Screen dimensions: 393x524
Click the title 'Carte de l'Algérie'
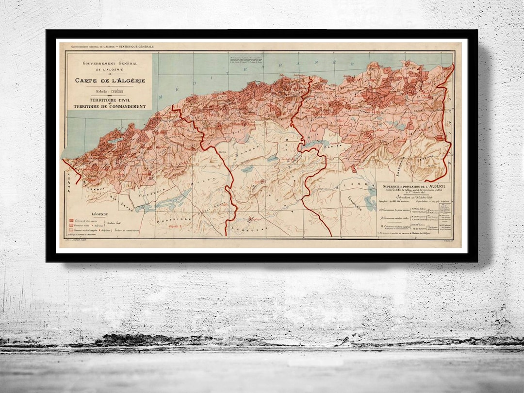pyautogui.click(x=110, y=81)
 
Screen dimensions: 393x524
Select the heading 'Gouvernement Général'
pyautogui.click(x=110, y=64)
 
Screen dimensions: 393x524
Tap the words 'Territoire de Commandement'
pyautogui.click(x=110, y=106)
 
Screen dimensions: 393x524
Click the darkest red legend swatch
pyautogui.click(x=71, y=221)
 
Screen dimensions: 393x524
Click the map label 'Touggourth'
pyautogui.click(x=358, y=198)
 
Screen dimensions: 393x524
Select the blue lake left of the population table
pyautogui.click(x=370, y=199)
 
